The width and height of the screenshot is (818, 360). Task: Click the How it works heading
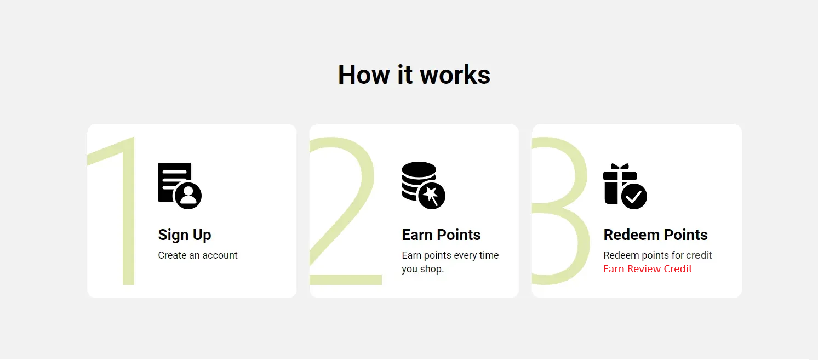click(x=414, y=75)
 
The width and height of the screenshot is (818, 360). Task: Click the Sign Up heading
click(x=185, y=235)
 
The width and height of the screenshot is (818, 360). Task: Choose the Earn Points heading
click(x=441, y=235)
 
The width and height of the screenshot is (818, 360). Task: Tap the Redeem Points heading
click(x=655, y=235)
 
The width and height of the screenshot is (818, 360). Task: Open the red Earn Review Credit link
click(x=648, y=268)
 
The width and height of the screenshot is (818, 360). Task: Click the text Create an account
click(x=198, y=255)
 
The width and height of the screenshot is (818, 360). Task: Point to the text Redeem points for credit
click(x=657, y=255)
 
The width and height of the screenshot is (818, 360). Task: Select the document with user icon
click(x=179, y=185)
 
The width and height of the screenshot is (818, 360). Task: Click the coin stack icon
click(x=423, y=185)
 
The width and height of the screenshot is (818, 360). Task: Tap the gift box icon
click(x=625, y=186)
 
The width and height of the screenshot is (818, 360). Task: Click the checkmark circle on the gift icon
click(x=634, y=196)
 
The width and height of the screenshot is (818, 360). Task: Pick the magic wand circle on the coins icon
click(x=432, y=196)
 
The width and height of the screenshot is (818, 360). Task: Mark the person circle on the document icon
click(x=188, y=196)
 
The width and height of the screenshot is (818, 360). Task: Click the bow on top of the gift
click(x=620, y=167)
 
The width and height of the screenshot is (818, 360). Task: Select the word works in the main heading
click(x=455, y=75)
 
